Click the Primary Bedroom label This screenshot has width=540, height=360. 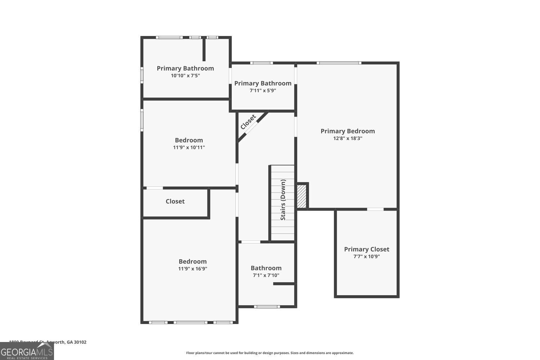tap(347, 131)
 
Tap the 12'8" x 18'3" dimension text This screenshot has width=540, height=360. tap(347, 138)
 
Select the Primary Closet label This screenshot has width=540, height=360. tap(366, 249)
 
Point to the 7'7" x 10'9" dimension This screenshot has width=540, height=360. tap(366, 257)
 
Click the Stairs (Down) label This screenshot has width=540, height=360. tap(283, 200)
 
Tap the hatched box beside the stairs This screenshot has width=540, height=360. tap(302, 196)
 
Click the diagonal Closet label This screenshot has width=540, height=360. tap(248, 122)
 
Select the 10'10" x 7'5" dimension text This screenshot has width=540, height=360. tap(185, 76)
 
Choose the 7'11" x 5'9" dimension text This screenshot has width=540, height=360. tap(263, 91)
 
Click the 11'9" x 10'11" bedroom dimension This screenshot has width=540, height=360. tap(189, 147)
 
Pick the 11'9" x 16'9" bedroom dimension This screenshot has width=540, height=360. tap(193, 269)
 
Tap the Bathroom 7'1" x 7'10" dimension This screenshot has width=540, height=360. tap(266, 275)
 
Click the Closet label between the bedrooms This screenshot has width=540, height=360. tap(175, 201)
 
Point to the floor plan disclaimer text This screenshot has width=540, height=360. tap(270, 353)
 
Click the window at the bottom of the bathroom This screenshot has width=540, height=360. tap(267, 307)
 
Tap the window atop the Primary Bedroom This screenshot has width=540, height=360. tap(339, 63)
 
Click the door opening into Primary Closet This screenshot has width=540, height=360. tap(375, 209)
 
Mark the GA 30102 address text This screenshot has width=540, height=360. tap(76, 342)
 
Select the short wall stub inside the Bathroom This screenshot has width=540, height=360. tap(284, 284)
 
